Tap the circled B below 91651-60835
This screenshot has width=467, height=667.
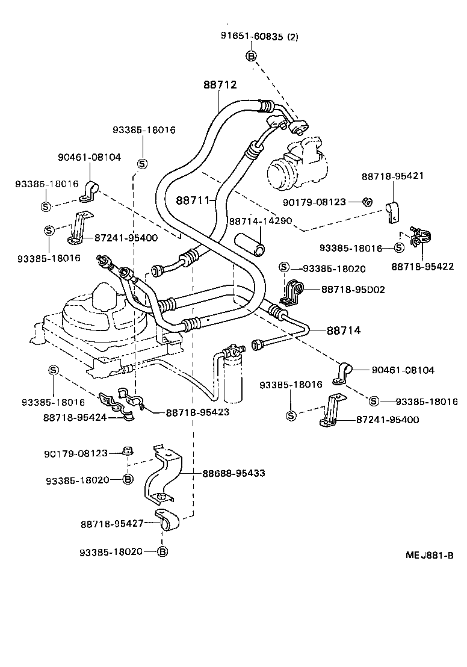pos(252,57)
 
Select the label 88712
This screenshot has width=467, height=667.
pos(219,85)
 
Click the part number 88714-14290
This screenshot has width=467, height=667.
pos(260,221)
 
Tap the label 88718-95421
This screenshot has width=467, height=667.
pos(393,176)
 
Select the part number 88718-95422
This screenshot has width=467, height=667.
pos(422,266)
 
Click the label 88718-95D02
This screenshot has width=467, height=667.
pos(353,290)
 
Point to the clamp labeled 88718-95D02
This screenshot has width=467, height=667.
pos(291,294)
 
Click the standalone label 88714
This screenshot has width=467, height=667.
pos(344,330)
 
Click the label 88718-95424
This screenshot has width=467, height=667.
pos(75,417)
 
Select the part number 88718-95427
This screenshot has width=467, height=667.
pos(113,524)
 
